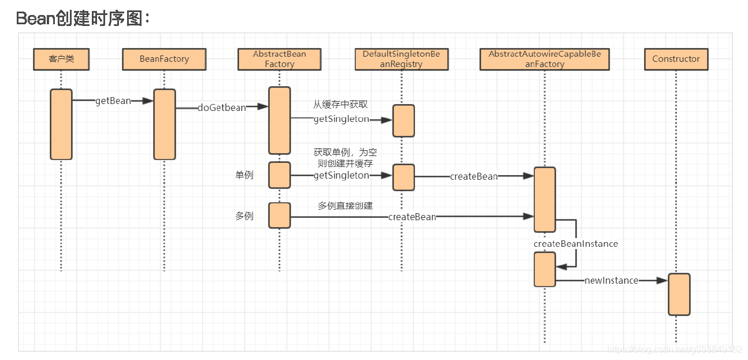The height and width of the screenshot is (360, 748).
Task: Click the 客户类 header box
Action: coord(61,59)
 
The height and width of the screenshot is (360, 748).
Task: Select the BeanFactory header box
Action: coord(164,59)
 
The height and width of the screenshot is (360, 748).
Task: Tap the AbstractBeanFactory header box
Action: coord(280,59)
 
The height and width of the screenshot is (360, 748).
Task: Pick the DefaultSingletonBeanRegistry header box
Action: coord(401,59)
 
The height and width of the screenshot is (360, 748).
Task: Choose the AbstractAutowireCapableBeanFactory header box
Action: coord(544,59)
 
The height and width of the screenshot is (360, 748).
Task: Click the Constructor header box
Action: coord(675,59)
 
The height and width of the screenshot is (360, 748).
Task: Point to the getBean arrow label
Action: coord(113,101)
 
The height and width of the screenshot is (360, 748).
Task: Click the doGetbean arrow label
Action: coord(221,107)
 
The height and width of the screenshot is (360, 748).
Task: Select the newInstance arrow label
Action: coord(611,280)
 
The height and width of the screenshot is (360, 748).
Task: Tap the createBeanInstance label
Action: coord(575,244)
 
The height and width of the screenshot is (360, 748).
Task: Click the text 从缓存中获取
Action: coord(340,105)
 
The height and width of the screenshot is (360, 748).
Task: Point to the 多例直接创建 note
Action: coord(345,206)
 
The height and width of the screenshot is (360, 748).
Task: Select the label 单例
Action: coord(244,175)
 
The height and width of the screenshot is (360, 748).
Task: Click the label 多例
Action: coord(244,216)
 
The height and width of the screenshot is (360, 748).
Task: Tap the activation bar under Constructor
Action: coord(679,294)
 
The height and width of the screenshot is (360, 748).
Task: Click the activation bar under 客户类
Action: coord(61,124)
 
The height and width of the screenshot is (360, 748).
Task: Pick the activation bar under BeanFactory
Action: coord(164,124)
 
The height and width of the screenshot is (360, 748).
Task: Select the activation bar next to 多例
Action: coord(280,216)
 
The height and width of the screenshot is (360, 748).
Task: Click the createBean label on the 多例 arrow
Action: coord(412,217)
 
